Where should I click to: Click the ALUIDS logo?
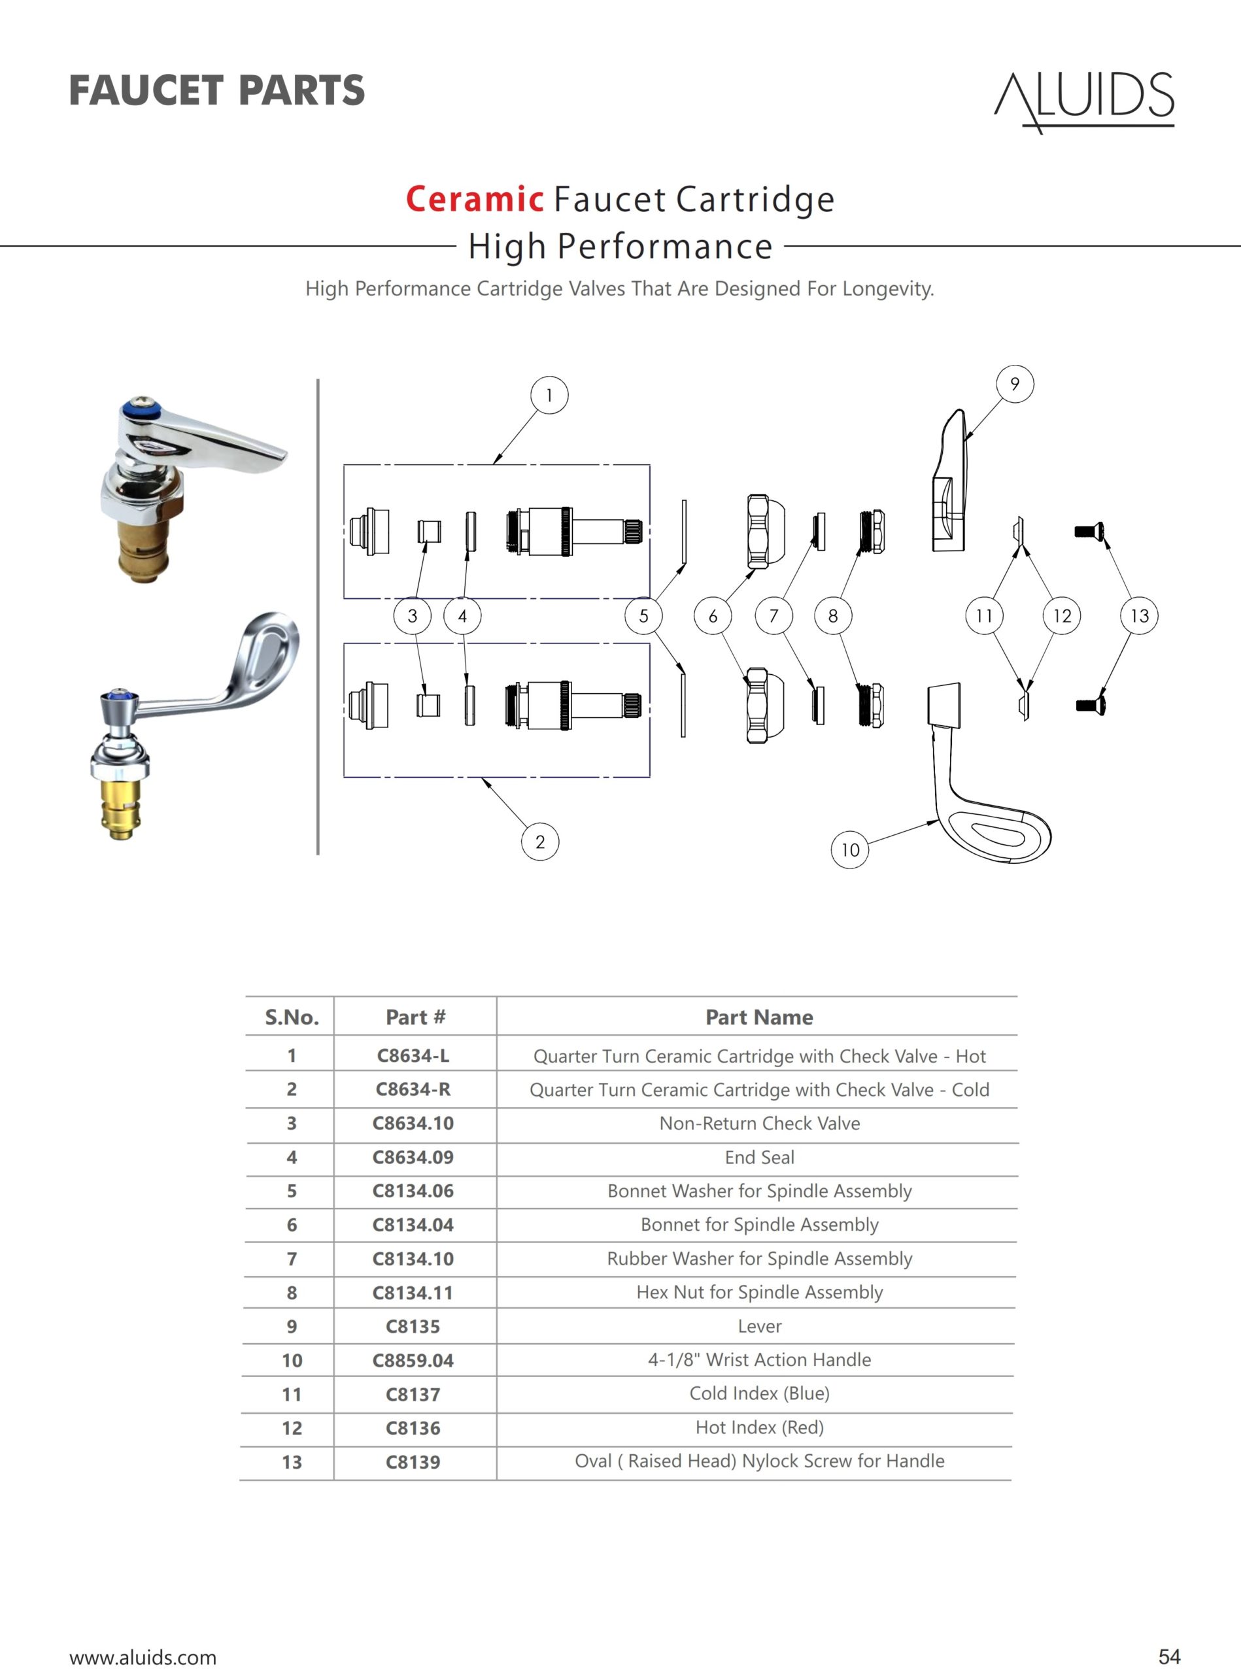[x=1084, y=101]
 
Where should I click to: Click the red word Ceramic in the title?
[x=474, y=199]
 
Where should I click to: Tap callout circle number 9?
[x=1014, y=384]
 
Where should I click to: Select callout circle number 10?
[x=849, y=850]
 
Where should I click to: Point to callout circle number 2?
[x=539, y=842]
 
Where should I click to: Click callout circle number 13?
[x=1139, y=616]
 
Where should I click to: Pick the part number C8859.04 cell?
[x=413, y=1360]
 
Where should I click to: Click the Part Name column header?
[x=758, y=1017]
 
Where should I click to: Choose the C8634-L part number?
[x=413, y=1055]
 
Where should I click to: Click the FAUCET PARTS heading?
[x=216, y=90]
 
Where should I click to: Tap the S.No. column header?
[x=292, y=1017]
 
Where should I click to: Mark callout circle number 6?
[x=712, y=616]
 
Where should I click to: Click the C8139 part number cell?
[x=413, y=1462]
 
